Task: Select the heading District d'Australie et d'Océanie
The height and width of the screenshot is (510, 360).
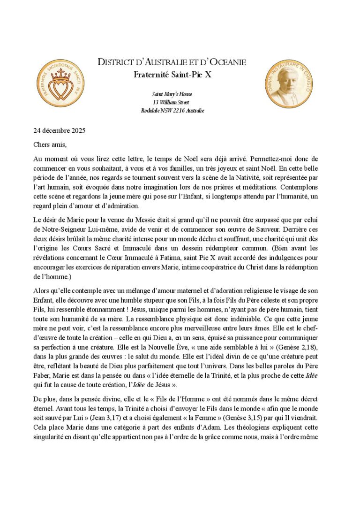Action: tap(171, 62)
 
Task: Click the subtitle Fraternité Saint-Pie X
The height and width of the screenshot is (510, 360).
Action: tap(171, 74)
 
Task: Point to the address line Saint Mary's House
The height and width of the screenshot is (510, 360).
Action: tap(172, 94)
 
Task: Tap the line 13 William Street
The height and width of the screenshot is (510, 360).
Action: tap(172, 102)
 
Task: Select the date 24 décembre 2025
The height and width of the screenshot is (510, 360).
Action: tap(59, 130)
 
